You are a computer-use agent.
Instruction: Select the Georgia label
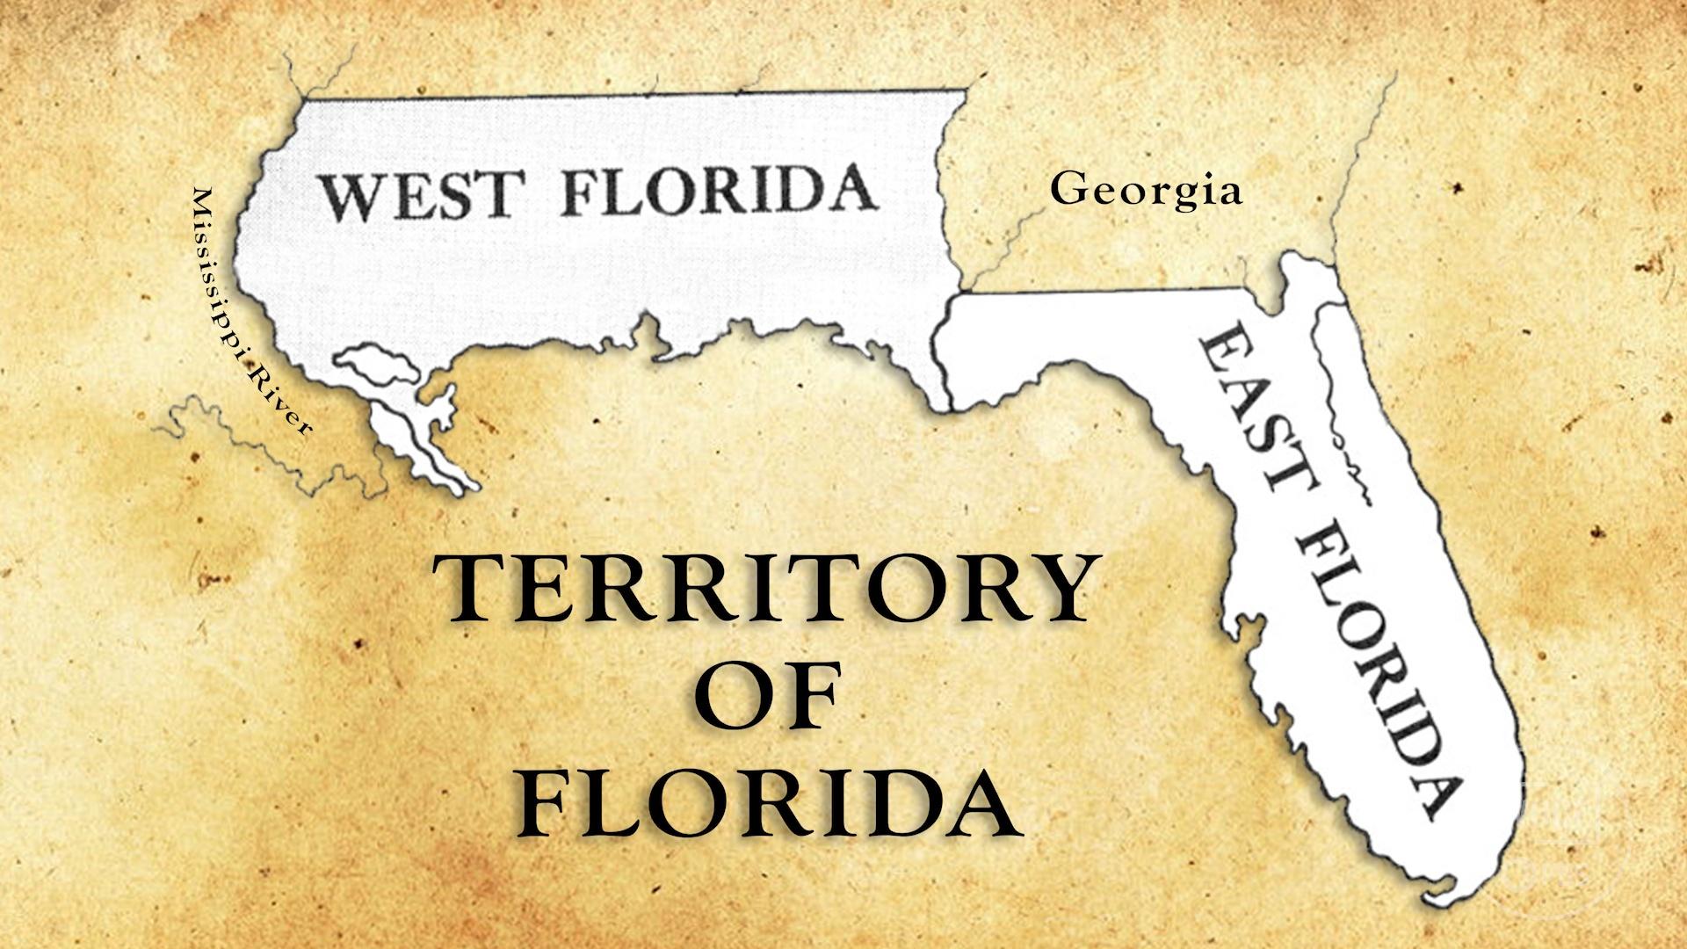click(1146, 190)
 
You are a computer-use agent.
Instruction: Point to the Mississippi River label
click(251, 311)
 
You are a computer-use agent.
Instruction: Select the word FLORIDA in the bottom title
click(769, 805)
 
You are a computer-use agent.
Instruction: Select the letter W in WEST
click(349, 197)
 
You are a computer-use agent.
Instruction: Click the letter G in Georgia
click(1066, 188)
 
